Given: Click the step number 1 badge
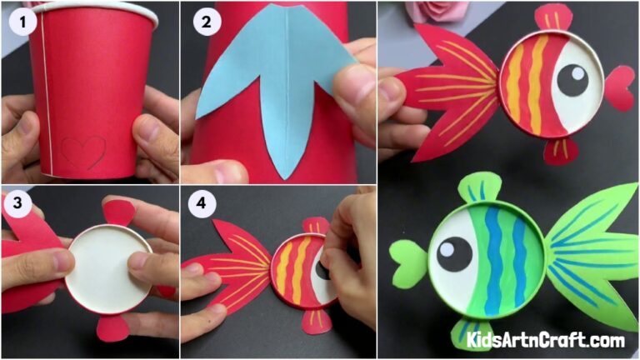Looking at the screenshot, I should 22,23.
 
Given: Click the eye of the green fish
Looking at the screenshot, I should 454,253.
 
